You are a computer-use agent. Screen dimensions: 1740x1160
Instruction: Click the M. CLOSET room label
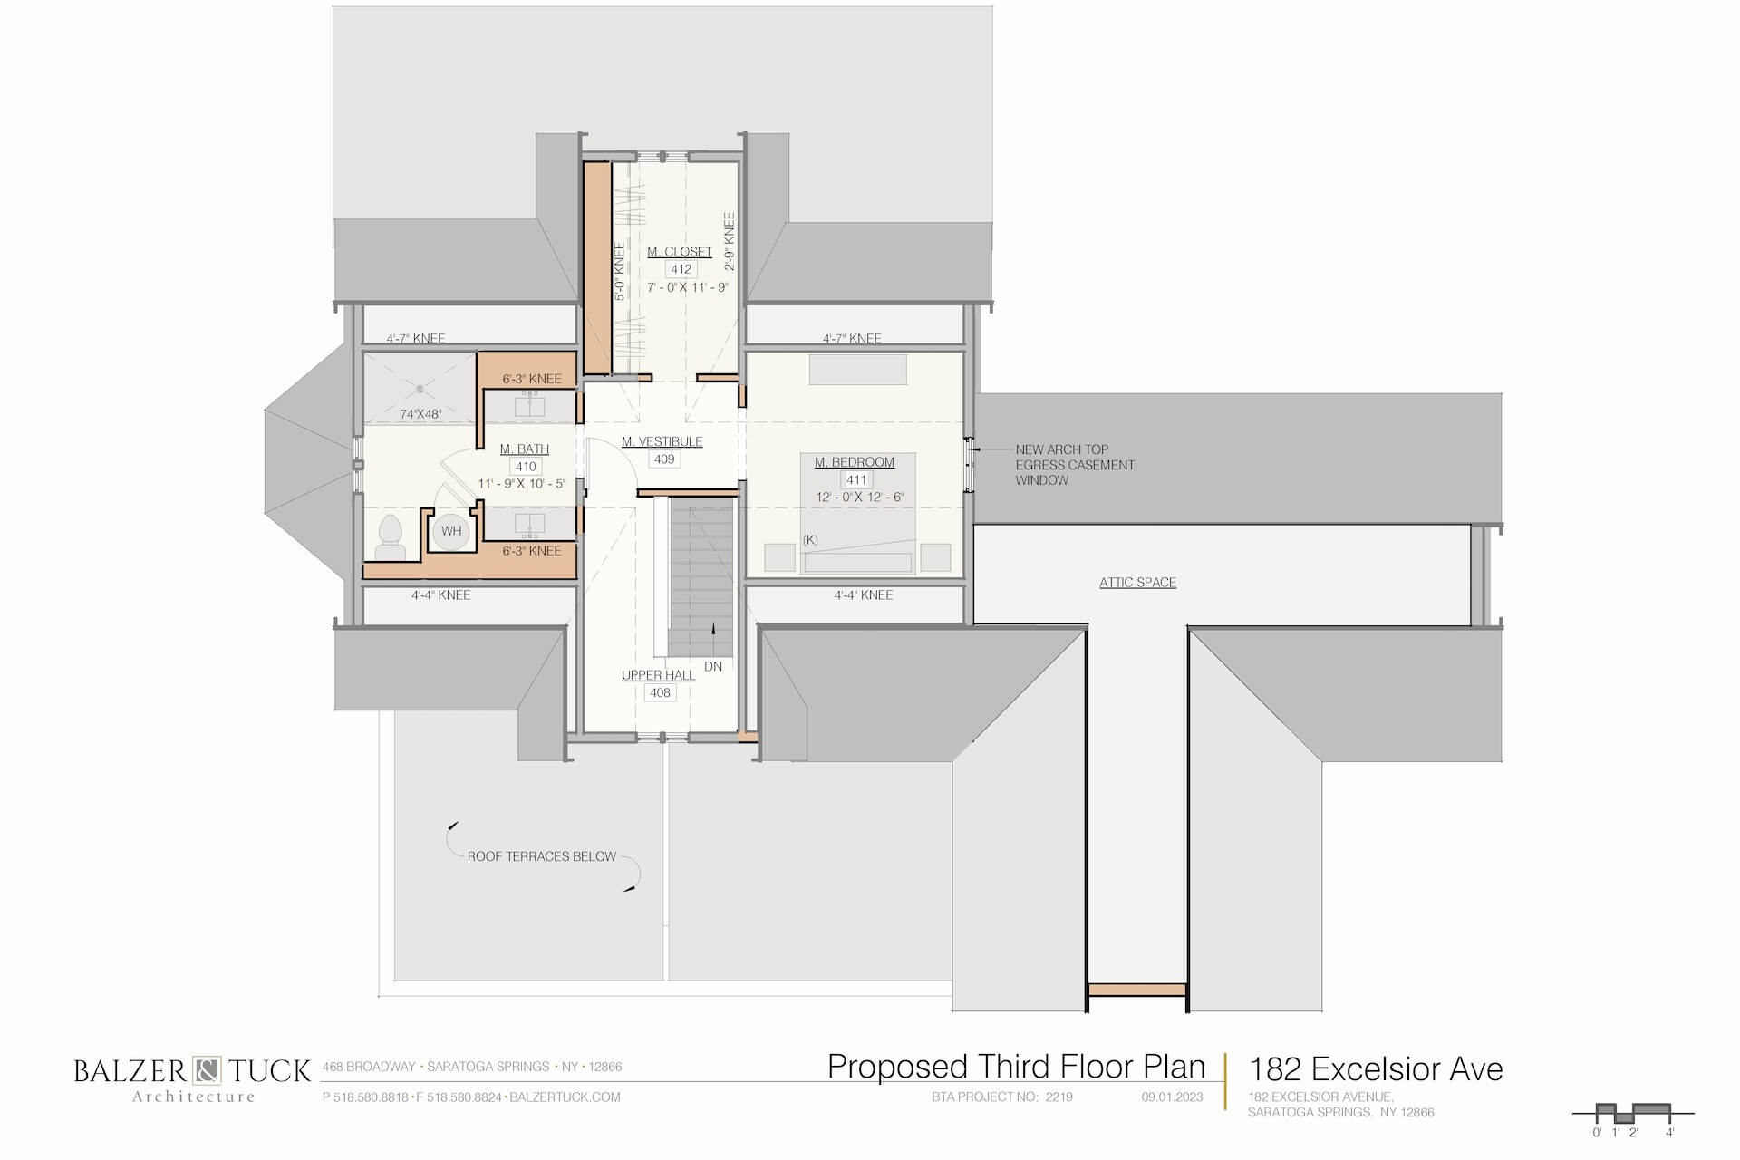pos(680,252)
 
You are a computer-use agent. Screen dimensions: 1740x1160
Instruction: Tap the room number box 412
pos(681,269)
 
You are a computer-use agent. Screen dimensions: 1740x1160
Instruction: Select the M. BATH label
pos(525,449)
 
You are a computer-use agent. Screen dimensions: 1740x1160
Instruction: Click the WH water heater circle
pos(451,531)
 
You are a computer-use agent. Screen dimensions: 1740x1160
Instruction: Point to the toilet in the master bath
pos(391,537)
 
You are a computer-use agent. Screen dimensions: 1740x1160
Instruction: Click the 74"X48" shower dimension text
pos(420,414)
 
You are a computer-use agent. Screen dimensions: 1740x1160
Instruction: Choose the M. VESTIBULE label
pos(662,442)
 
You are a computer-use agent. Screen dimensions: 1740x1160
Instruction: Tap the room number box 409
pos(664,459)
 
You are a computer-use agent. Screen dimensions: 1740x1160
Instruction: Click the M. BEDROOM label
pos(855,462)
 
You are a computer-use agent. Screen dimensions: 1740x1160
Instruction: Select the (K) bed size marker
pos(810,540)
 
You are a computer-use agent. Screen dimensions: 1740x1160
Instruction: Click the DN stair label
pos(713,666)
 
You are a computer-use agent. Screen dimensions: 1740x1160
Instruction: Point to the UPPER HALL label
pos(659,675)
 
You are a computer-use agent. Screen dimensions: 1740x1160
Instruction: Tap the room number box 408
pos(660,693)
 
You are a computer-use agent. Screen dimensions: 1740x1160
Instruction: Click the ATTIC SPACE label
pos(1138,583)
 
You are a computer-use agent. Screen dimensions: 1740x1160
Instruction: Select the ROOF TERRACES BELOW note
pos(542,856)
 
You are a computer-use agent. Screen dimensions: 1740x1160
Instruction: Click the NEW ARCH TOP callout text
pos(1062,449)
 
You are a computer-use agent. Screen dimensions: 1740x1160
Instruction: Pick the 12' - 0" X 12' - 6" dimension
pos(860,497)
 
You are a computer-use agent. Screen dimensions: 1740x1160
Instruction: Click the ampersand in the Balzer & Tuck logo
pos(206,1070)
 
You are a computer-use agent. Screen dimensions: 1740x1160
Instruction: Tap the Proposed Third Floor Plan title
pos(1017,1067)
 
